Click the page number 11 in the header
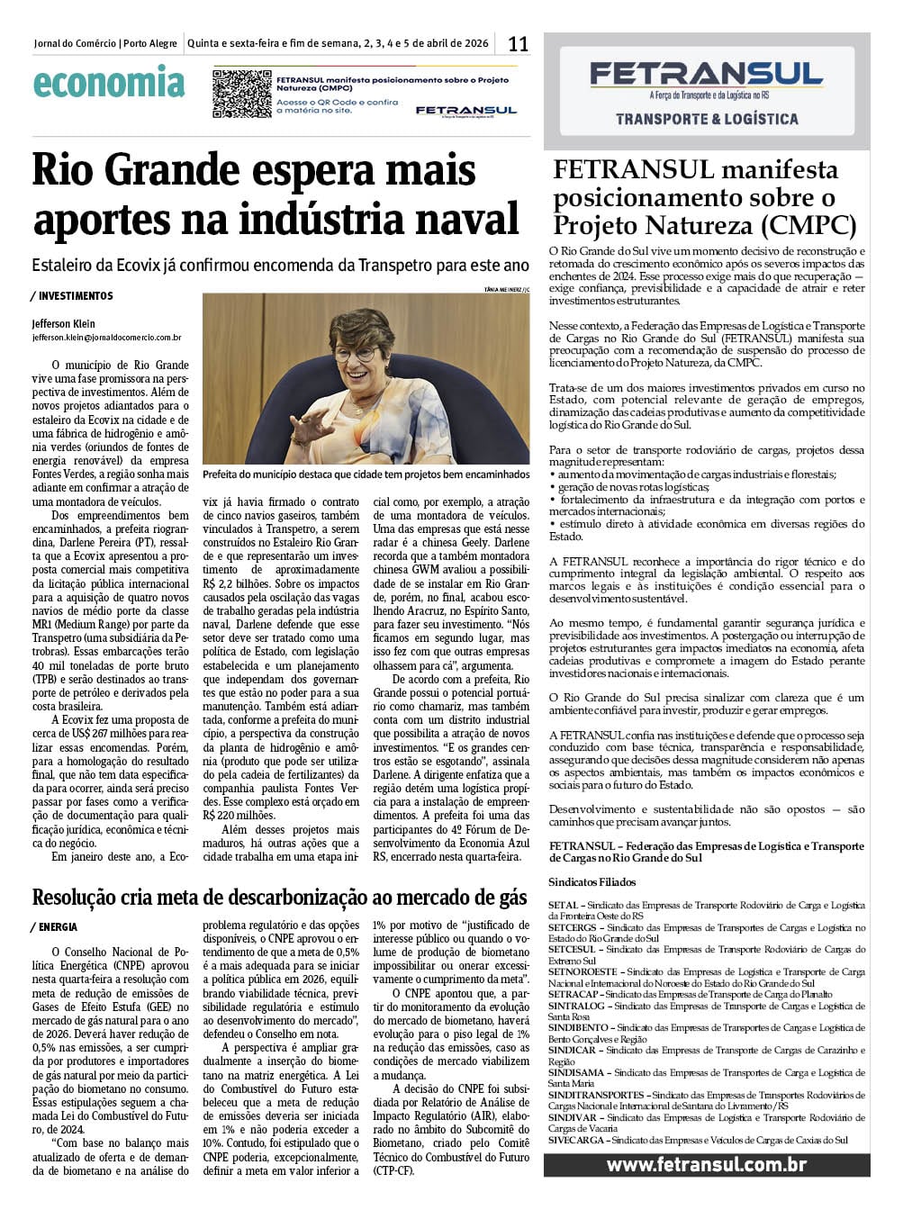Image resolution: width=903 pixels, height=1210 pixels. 518,43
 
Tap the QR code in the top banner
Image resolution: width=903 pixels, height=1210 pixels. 241,93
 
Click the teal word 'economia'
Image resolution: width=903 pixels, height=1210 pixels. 109,84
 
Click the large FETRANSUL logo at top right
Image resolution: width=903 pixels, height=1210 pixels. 706,74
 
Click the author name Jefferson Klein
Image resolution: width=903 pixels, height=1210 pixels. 63,323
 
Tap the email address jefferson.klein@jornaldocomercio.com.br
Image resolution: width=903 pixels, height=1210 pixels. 106,338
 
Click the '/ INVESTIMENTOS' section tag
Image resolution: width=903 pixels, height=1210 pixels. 72,295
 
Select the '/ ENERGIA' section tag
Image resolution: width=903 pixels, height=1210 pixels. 54,926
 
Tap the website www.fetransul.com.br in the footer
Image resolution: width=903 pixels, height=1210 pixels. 706,1164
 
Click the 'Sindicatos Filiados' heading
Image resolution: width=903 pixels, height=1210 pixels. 592,882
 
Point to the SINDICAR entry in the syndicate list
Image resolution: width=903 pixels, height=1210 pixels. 572,1051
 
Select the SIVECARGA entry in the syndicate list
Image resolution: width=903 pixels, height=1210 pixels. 576,1140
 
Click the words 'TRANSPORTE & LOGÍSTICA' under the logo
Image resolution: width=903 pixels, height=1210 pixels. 707,119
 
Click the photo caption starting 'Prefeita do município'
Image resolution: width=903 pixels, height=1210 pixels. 366,474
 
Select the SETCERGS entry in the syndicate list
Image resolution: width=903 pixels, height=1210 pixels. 573,927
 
